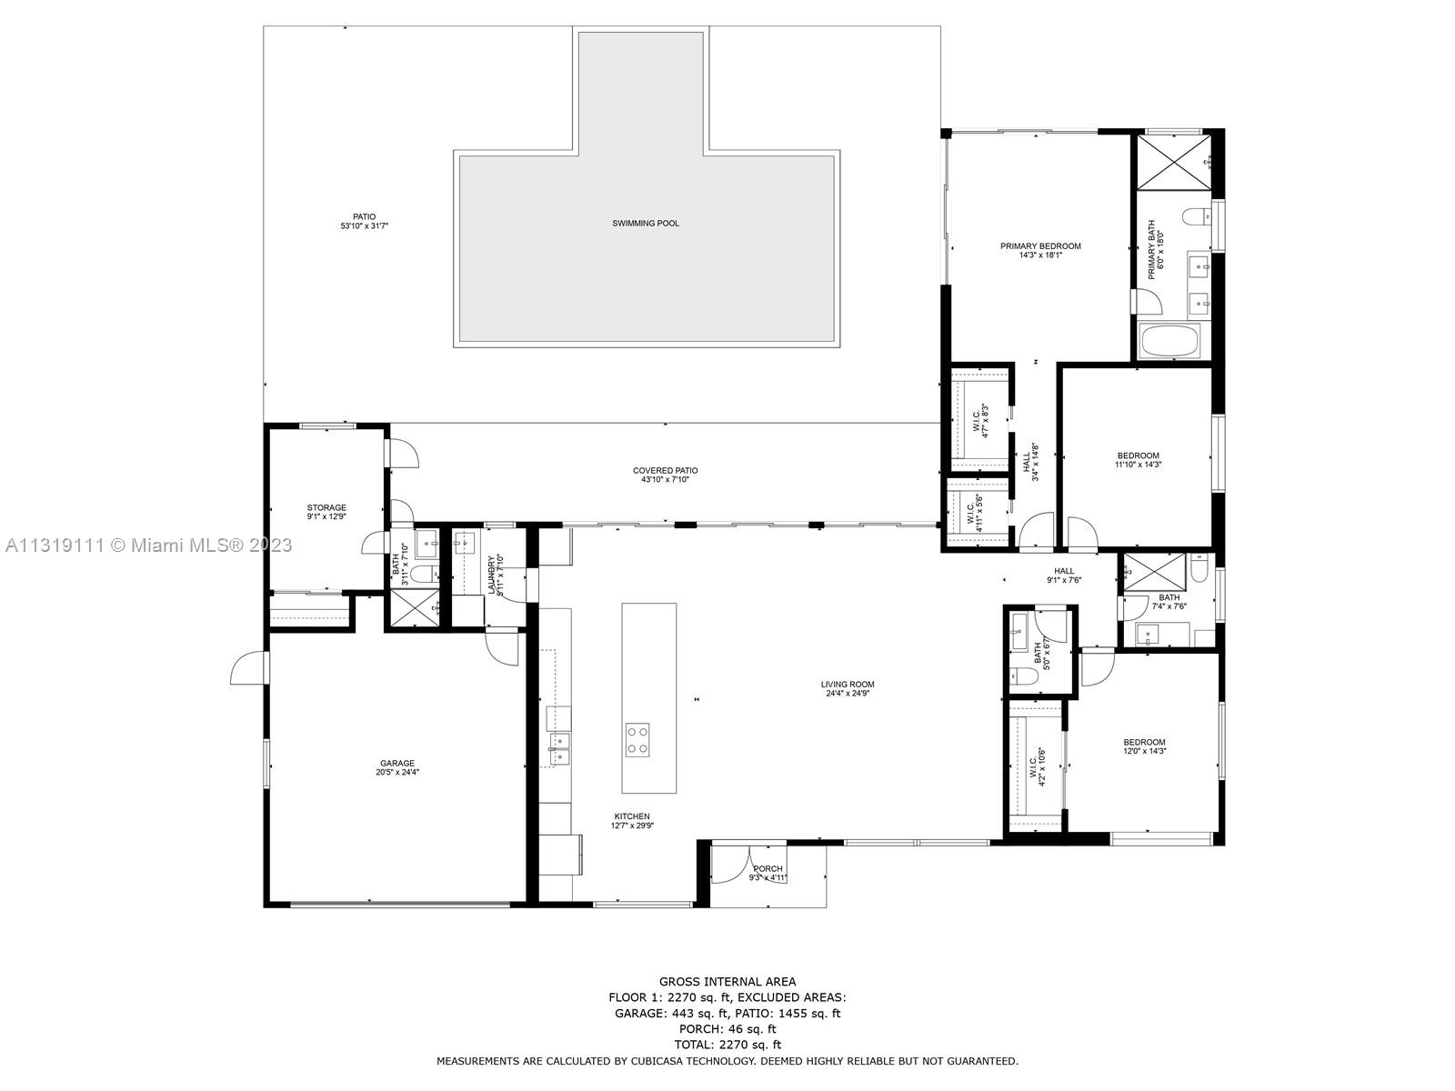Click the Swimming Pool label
coord(646,223)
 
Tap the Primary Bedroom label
coord(1040,246)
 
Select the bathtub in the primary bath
coord(1172,342)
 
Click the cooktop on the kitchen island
coord(637,739)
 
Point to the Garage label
coord(397,764)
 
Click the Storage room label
coord(326,507)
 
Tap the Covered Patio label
coord(666,471)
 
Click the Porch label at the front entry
coord(768,869)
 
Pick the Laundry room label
coord(490,575)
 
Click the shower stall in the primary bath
coord(1174,163)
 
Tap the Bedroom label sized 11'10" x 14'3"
coord(1139,455)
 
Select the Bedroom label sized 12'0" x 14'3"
coord(1144,742)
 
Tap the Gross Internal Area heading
coord(727,981)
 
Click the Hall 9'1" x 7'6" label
coord(1064,571)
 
